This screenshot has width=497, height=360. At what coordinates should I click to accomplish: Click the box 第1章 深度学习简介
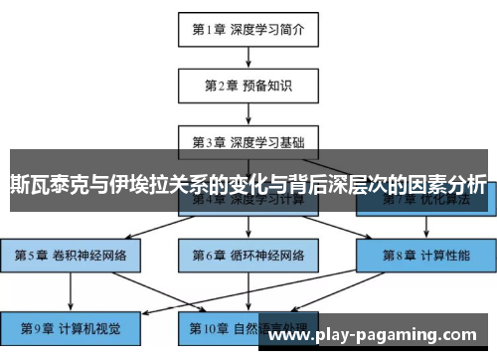pyautogui.click(x=248, y=29)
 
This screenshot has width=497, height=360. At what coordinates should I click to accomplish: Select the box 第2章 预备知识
pyautogui.click(x=248, y=85)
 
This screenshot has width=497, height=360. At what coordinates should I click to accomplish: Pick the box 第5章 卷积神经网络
pyautogui.click(x=70, y=255)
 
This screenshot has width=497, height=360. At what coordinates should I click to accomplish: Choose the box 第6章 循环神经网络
pyautogui.click(x=248, y=255)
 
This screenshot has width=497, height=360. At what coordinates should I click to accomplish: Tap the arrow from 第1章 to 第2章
pyautogui.click(x=248, y=57)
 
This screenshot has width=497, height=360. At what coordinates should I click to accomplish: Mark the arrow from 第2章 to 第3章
pyautogui.click(x=248, y=112)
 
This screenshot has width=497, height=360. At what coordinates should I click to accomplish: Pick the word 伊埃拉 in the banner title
pyautogui.click(x=136, y=184)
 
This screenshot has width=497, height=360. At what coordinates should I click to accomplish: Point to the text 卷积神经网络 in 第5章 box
pyautogui.click(x=84, y=255)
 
